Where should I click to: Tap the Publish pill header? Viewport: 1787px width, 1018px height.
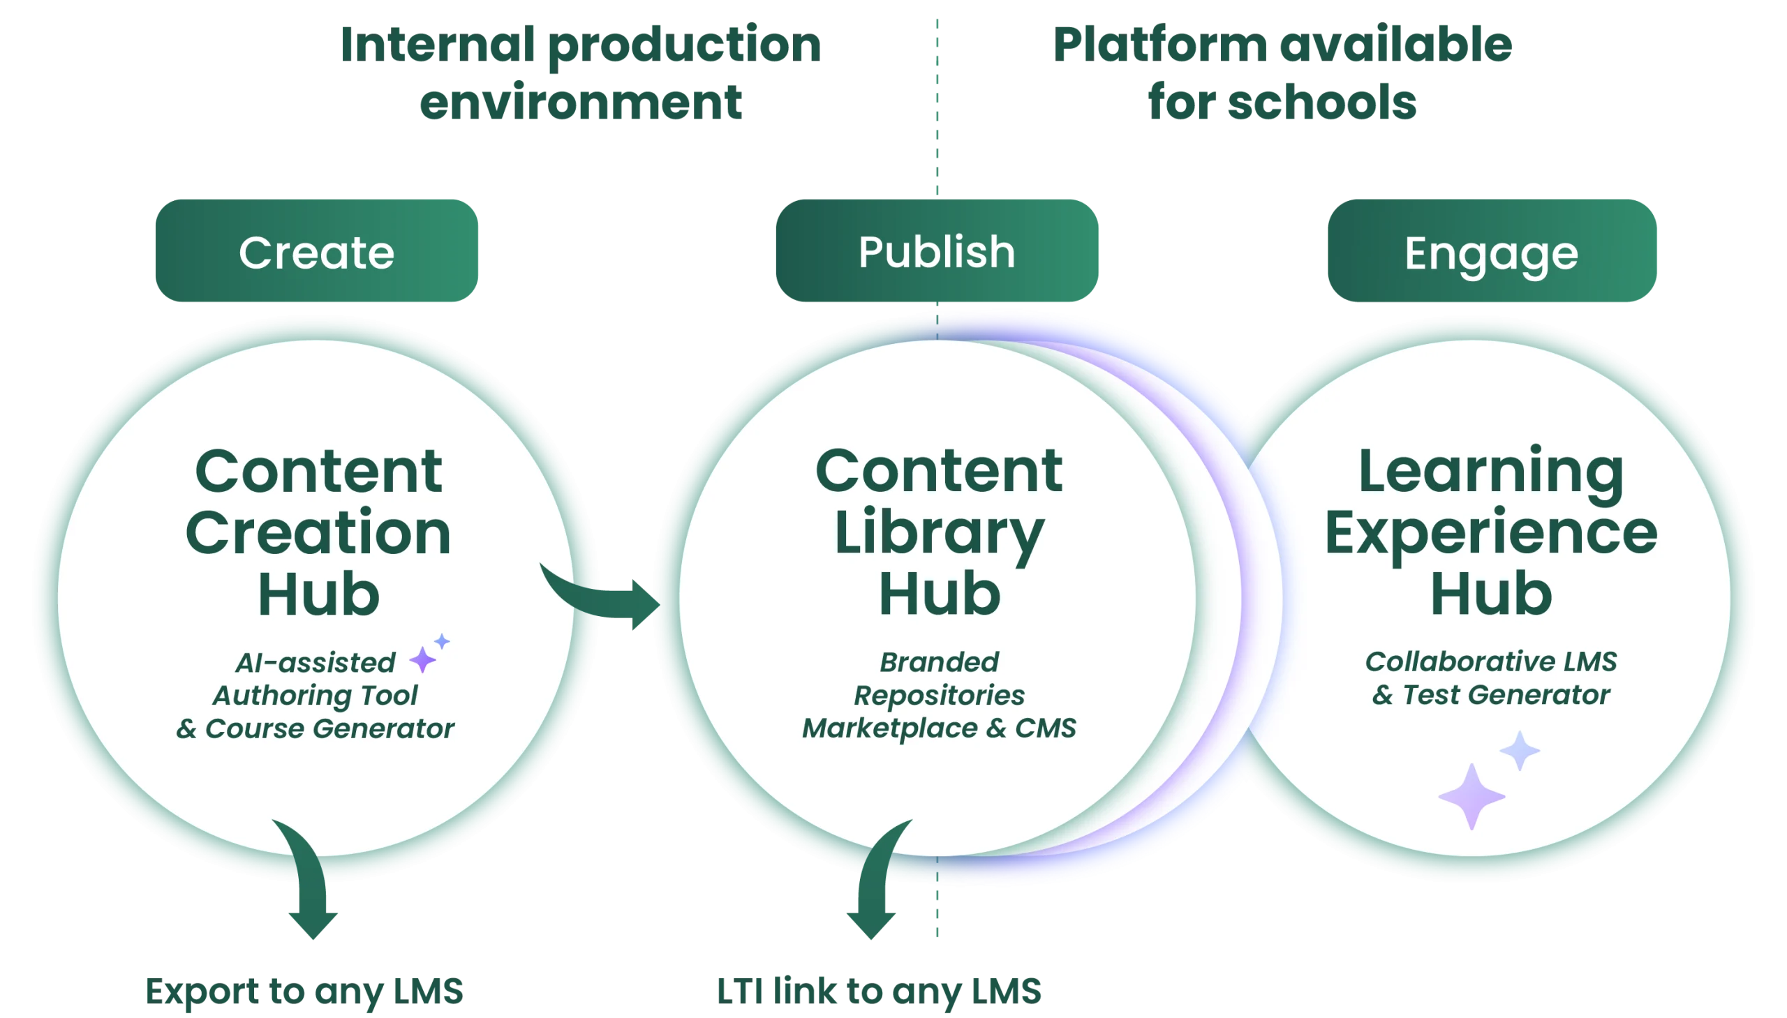[x=936, y=252]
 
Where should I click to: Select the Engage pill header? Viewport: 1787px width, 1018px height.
[x=1490, y=253]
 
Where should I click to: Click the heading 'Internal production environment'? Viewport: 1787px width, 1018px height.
[x=580, y=73]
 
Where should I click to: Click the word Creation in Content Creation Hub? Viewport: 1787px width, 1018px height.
[x=318, y=533]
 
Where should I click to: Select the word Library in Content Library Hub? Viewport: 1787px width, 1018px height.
[x=939, y=533]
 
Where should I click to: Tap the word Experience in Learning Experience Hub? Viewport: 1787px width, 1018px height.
[x=1490, y=533]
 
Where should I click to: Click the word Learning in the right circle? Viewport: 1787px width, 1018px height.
[x=1490, y=472]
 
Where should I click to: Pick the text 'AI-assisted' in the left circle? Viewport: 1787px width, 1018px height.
[x=316, y=662]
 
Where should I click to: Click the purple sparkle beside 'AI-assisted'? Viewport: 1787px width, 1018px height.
[x=422, y=659]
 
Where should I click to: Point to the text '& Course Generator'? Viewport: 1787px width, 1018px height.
[x=315, y=728]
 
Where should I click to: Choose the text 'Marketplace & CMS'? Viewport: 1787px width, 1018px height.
[x=939, y=728]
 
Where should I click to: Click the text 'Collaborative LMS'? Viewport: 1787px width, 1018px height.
[x=1490, y=661]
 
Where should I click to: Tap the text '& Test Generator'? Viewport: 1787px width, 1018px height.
[x=1490, y=695]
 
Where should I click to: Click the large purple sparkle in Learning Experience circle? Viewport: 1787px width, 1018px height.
[x=1471, y=796]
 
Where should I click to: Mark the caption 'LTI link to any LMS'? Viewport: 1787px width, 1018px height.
[x=878, y=991]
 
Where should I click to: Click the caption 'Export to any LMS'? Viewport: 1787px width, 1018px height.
[x=304, y=991]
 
